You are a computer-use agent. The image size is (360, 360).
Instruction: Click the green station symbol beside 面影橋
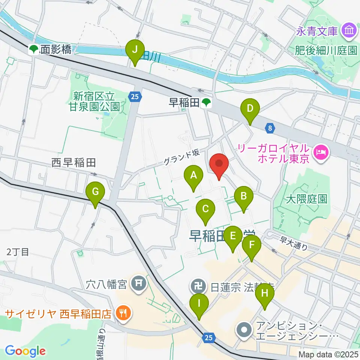pos(34,49)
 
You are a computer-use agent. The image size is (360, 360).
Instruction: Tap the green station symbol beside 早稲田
pos(206,103)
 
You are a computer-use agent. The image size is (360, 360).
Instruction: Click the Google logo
pos(25,351)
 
